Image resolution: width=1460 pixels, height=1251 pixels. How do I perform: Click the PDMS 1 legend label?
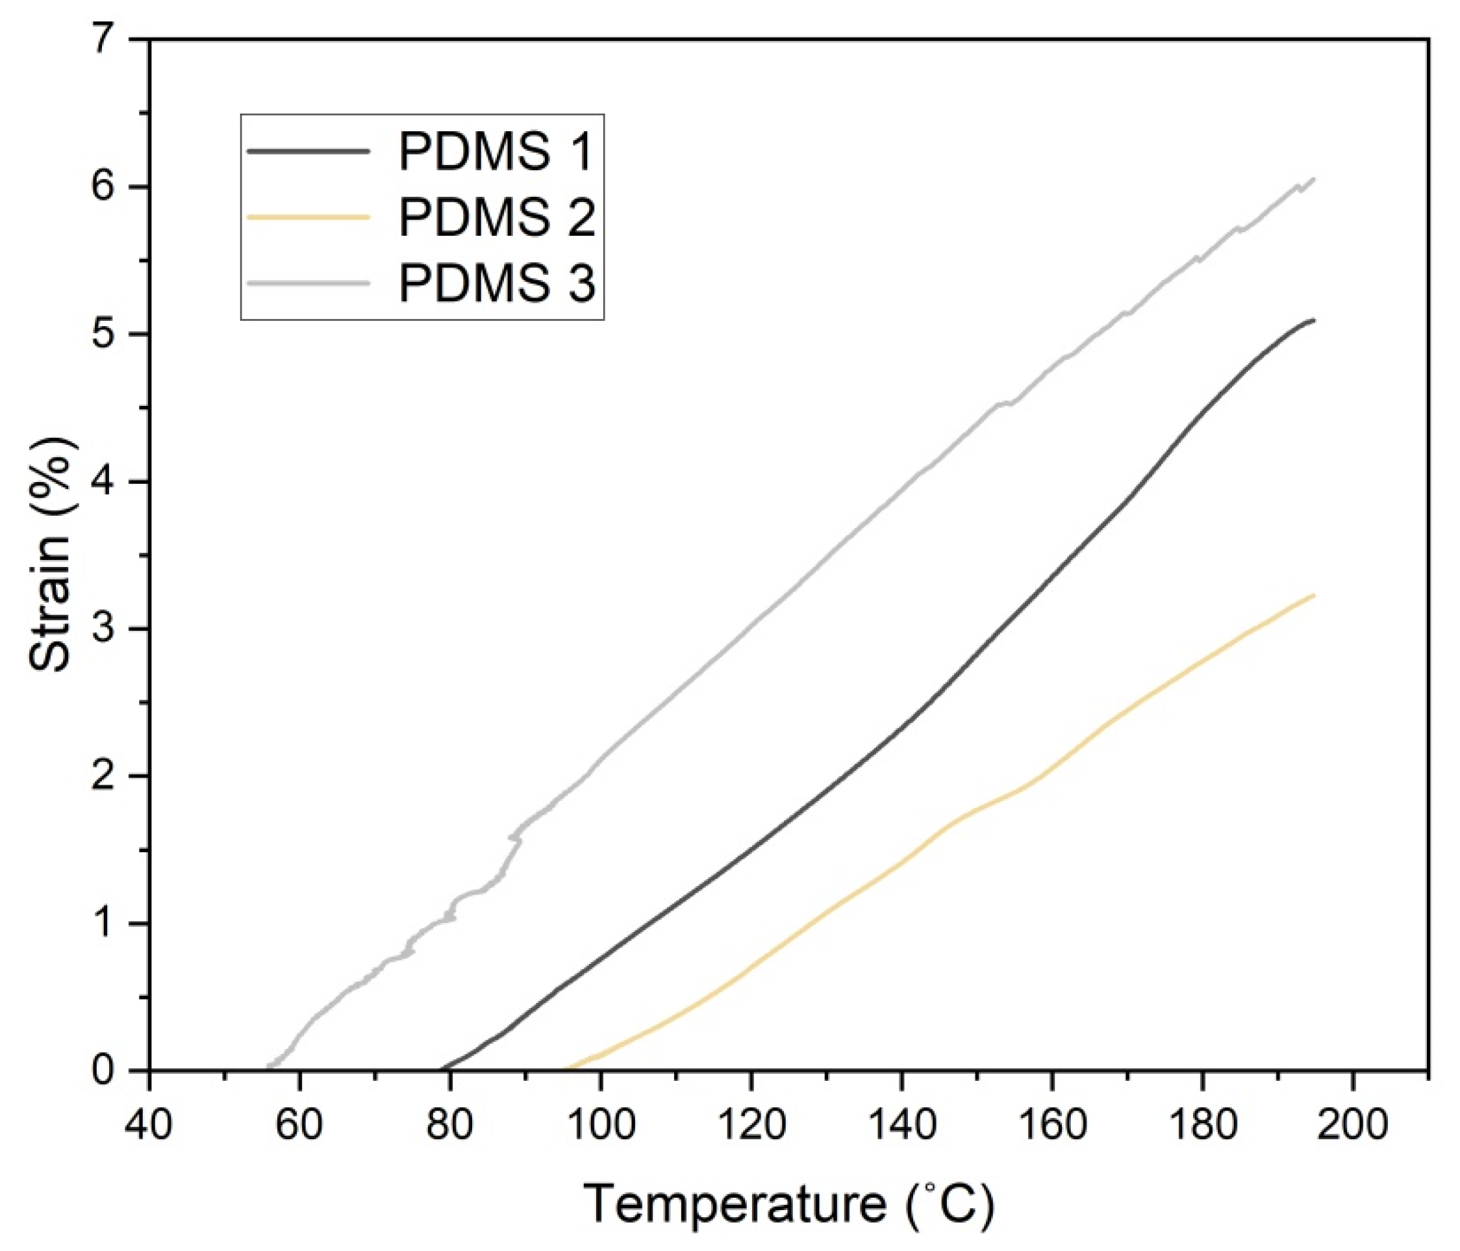click(x=496, y=152)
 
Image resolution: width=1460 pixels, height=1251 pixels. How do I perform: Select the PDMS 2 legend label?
click(x=497, y=218)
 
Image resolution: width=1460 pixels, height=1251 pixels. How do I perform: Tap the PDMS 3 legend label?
click(x=497, y=283)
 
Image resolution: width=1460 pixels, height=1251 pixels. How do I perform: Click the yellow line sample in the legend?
click(x=307, y=217)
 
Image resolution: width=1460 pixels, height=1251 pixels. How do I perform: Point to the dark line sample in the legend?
click(x=307, y=151)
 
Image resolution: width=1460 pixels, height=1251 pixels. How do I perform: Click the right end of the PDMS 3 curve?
click(x=1314, y=179)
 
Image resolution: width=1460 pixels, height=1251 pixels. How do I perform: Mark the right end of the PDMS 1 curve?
click(x=1314, y=320)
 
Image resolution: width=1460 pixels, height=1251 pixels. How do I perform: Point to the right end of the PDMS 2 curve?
click(x=1314, y=595)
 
